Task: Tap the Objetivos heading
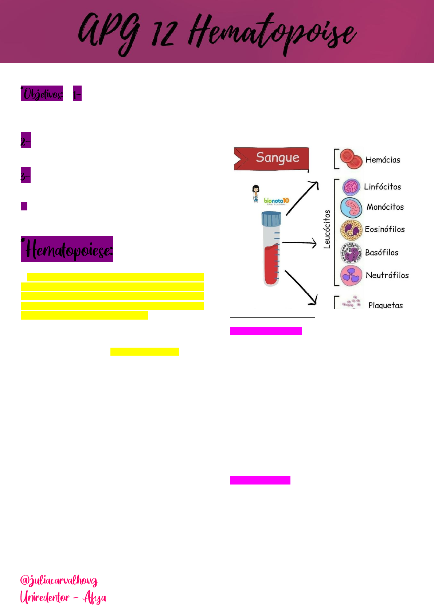(42, 94)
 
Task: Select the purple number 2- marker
(26, 140)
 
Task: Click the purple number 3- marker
(26, 175)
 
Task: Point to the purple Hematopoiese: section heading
(67, 249)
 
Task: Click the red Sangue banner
(271, 158)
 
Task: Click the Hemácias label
(383, 160)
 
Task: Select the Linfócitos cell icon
(351, 187)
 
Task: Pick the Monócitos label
(385, 207)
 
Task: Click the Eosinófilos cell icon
(351, 230)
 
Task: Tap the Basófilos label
(382, 252)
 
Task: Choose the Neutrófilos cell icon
(351, 275)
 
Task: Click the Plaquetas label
(386, 305)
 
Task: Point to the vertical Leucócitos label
(327, 229)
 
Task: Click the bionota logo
(276, 201)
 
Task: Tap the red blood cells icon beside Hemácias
(351, 159)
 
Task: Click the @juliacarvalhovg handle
(59, 580)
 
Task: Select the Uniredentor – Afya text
(63, 597)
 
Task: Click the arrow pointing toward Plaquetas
(301, 288)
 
